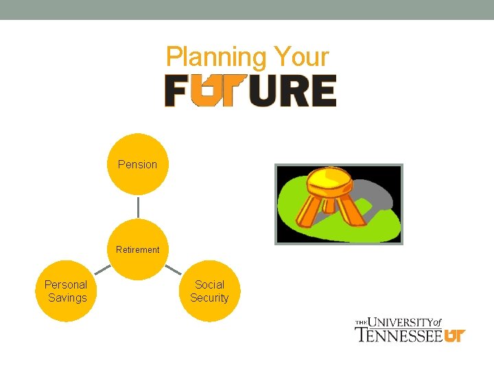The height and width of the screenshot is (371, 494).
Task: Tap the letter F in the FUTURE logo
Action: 175,91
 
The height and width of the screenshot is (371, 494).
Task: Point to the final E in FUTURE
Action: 323,91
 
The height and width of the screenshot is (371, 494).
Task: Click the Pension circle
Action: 137,164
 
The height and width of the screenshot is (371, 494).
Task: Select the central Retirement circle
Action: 137,249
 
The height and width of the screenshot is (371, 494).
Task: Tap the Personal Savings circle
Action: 66,291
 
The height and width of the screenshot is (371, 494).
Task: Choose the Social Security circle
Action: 209,291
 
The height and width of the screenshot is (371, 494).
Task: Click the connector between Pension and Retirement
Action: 137,207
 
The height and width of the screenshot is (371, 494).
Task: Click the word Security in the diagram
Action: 209,298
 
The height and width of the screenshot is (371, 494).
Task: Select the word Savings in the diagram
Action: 67,298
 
